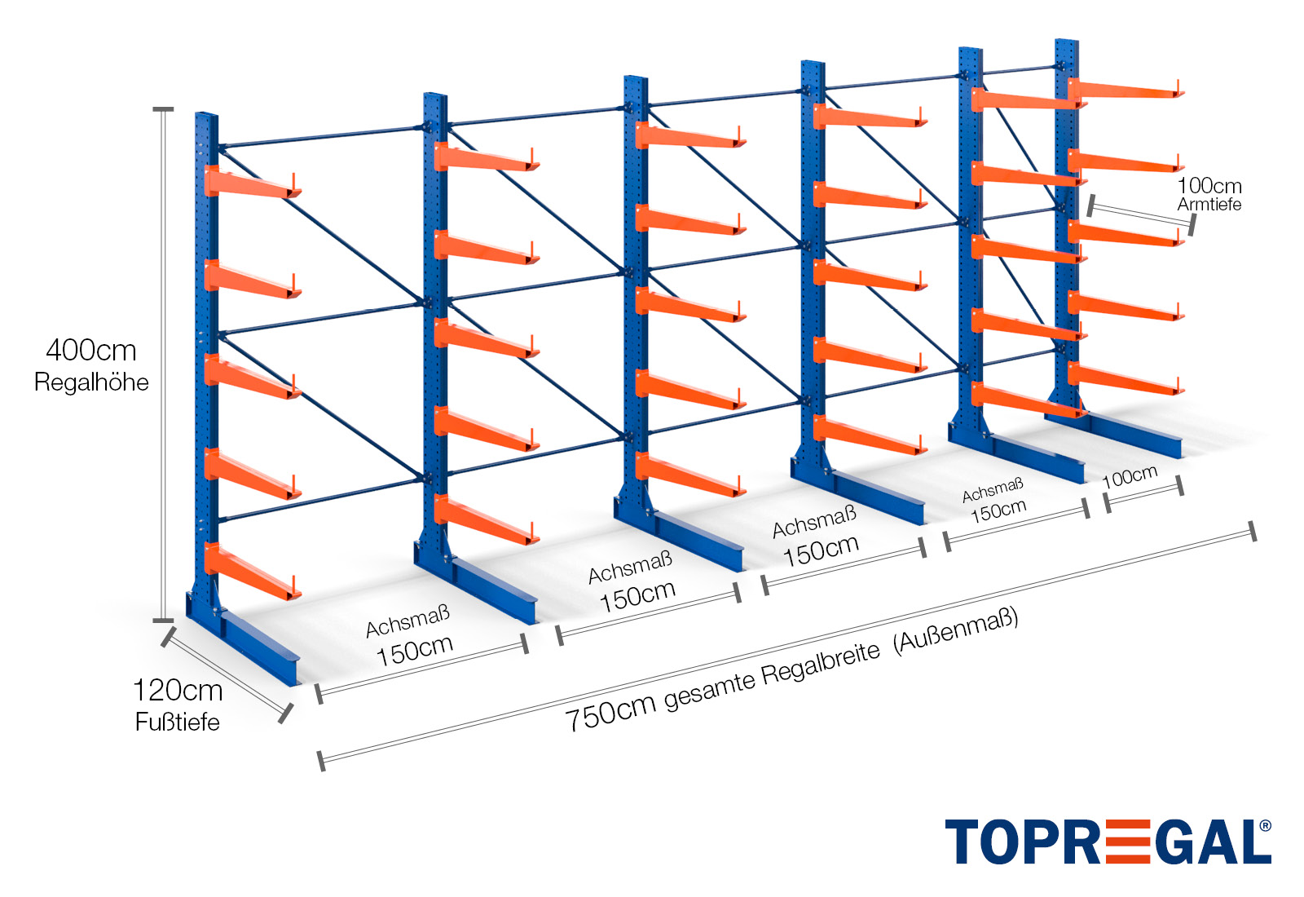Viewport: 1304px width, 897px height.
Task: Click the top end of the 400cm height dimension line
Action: click(163, 109)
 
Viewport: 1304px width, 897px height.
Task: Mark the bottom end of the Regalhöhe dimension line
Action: click(163, 621)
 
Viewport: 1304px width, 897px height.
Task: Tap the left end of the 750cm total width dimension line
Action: click(321, 762)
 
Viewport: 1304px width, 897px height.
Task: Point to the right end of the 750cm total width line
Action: click(1253, 532)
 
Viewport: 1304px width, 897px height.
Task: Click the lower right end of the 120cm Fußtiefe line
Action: click(285, 714)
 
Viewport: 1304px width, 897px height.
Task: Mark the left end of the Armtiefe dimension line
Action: click(1091, 205)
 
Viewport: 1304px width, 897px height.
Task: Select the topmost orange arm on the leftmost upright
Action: click(253, 183)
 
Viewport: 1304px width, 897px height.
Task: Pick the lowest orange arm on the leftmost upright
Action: click(253, 571)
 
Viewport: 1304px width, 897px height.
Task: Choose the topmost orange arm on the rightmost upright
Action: click(1126, 90)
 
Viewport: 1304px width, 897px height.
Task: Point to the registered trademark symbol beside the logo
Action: click(1265, 826)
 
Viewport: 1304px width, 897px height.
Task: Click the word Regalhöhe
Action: click(91, 382)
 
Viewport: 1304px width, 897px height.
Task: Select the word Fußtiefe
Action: click(178, 722)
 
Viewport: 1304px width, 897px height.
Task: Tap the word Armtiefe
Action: click(1209, 204)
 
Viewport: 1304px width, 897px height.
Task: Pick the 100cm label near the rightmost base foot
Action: click(1130, 477)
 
